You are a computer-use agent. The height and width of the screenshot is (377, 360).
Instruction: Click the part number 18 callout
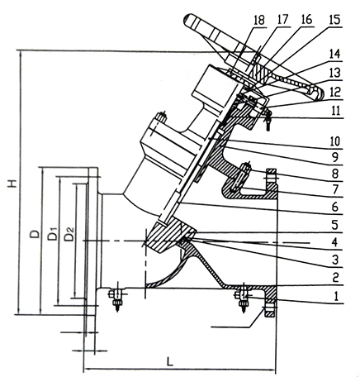click(x=258, y=20)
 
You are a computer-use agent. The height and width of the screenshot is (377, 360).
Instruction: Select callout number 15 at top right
click(x=334, y=20)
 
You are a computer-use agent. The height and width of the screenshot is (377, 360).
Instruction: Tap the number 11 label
click(x=334, y=110)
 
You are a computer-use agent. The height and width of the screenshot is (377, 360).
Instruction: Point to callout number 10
click(x=335, y=141)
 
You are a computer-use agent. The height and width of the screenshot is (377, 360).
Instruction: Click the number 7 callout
click(x=335, y=189)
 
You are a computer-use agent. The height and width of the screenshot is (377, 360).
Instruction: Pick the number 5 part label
click(x=334, y=225)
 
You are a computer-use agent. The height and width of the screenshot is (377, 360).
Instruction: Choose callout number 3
click(x=334, y=260)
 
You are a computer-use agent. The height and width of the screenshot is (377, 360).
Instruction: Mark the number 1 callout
click(x=335, y=296)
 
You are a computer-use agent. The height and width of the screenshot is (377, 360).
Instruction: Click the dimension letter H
click(x=12, y=184)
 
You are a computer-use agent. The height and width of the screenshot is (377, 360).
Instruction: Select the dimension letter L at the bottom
click(x=170, y=361)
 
